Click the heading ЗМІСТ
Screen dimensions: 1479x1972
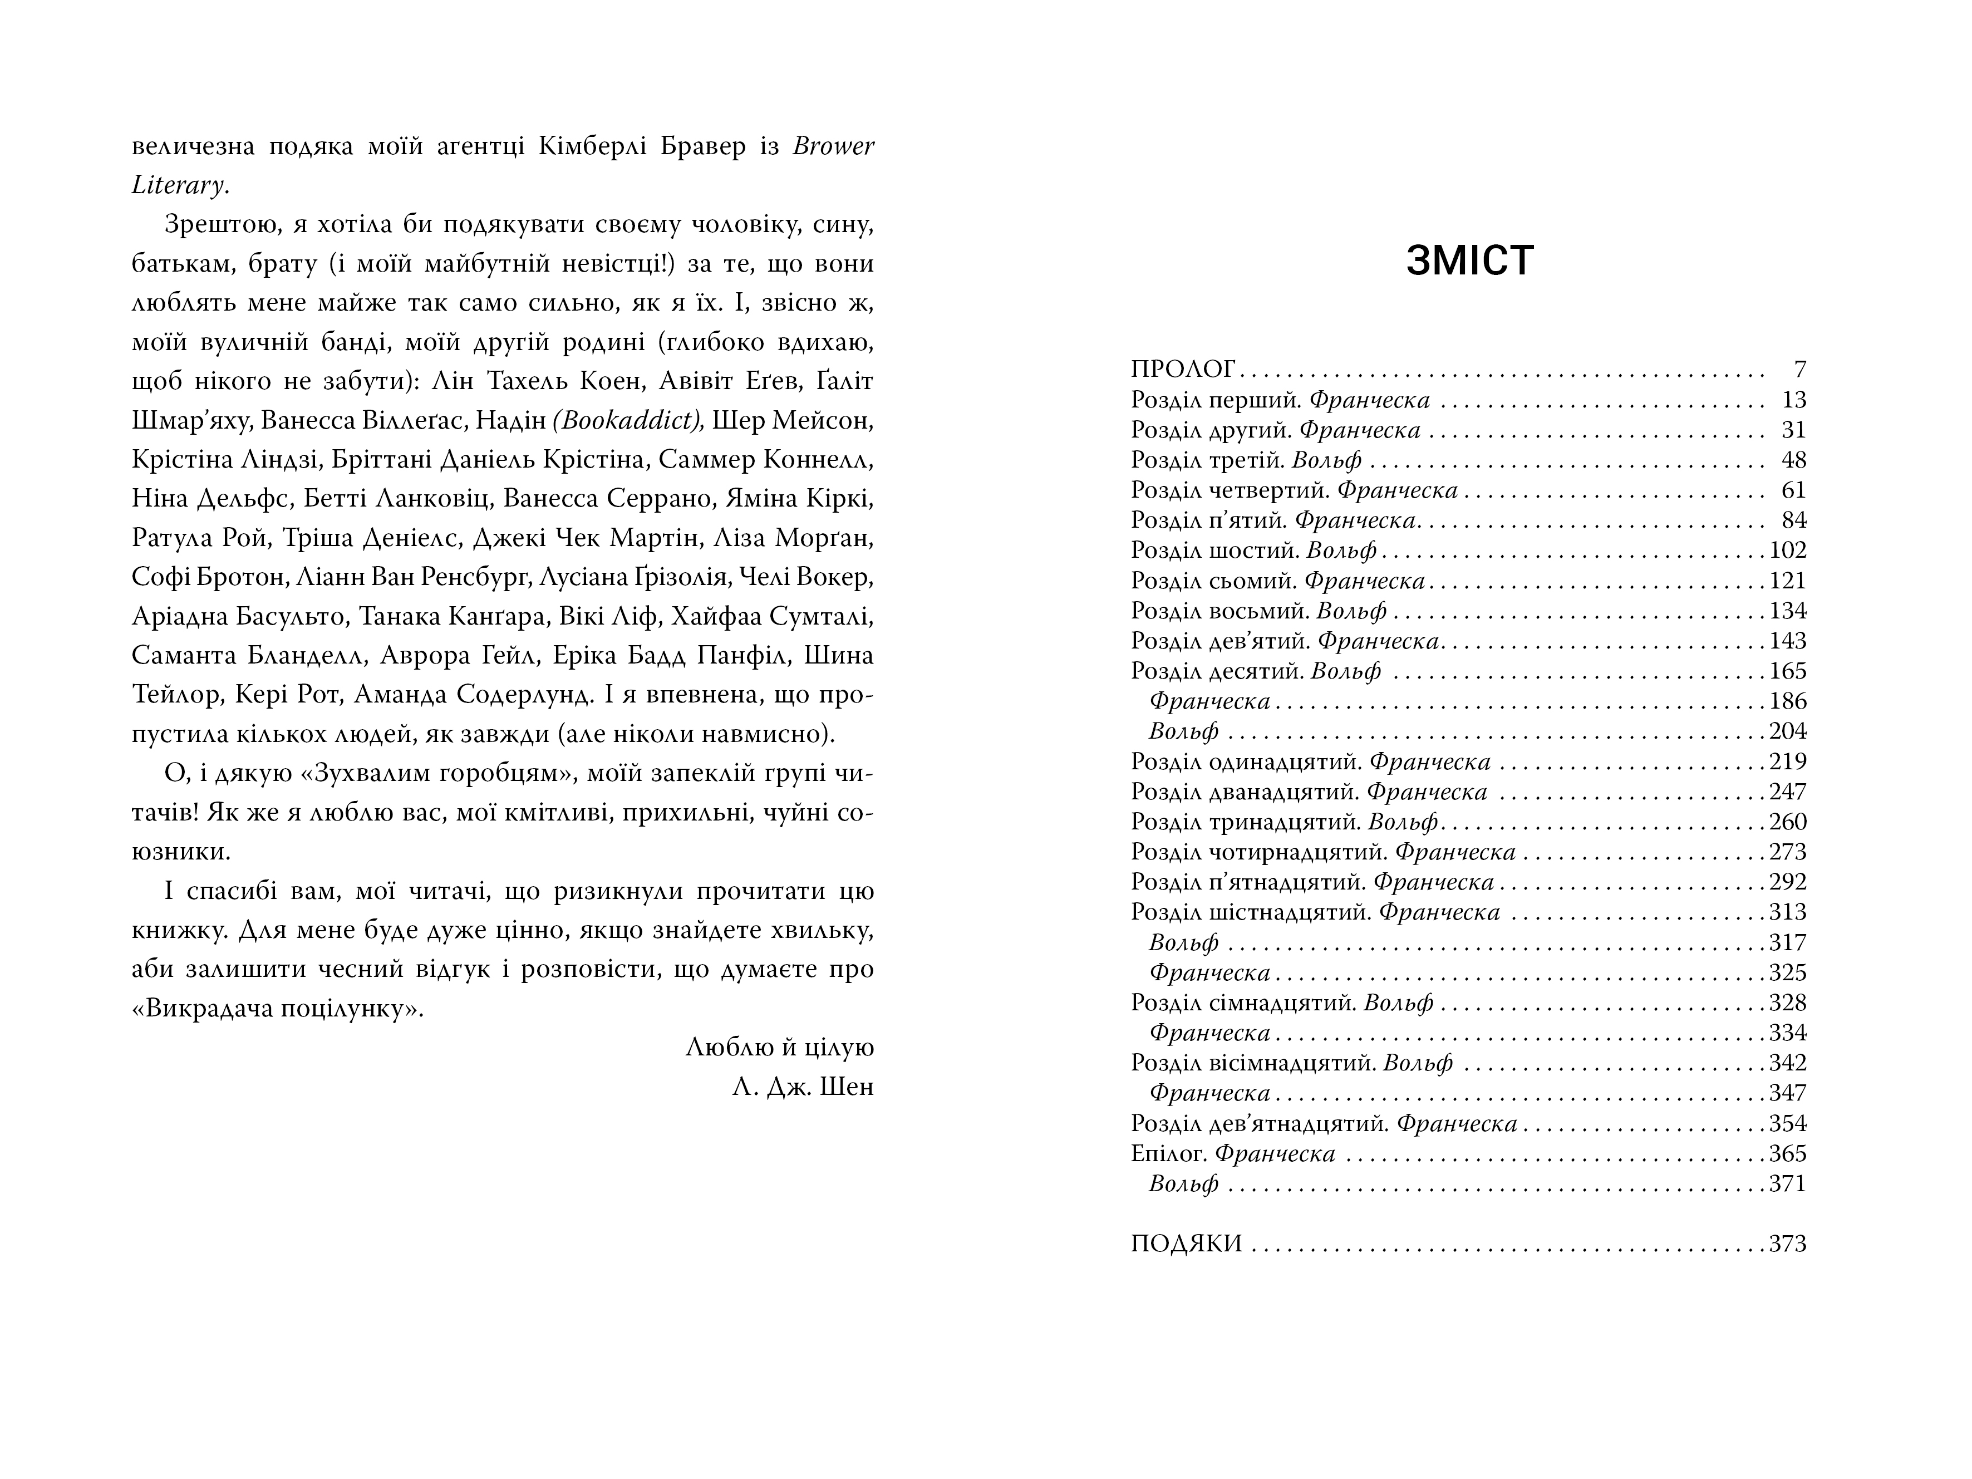1469,261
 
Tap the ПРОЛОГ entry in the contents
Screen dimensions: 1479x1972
1182,369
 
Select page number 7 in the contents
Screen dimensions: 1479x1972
1799,369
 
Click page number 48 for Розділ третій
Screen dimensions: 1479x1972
1793,460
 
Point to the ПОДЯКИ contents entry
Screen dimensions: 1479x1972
1186,1244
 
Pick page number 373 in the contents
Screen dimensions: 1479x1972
1787,1244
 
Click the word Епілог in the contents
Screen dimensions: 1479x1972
1168,1153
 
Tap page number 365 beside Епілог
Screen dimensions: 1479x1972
1787,1153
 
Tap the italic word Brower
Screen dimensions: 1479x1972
833,146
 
